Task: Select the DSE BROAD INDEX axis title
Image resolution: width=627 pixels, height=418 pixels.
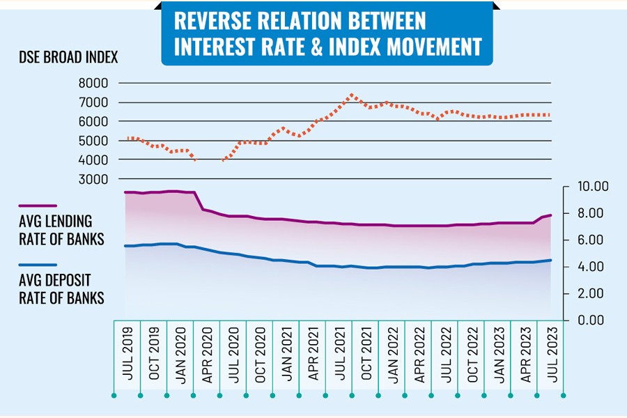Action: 69,58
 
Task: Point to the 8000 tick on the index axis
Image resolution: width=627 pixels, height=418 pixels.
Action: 94,83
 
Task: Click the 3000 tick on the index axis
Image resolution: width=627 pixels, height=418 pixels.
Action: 94,179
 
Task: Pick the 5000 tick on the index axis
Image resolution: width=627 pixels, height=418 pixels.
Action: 94,141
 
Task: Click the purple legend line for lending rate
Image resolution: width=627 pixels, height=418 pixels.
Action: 38,206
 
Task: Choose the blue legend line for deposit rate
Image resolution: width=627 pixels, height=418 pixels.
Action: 38,265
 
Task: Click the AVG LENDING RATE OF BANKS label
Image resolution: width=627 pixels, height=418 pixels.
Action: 61,231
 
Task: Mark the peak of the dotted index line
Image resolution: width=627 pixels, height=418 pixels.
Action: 352,94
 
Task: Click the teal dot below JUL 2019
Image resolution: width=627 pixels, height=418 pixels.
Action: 114,395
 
